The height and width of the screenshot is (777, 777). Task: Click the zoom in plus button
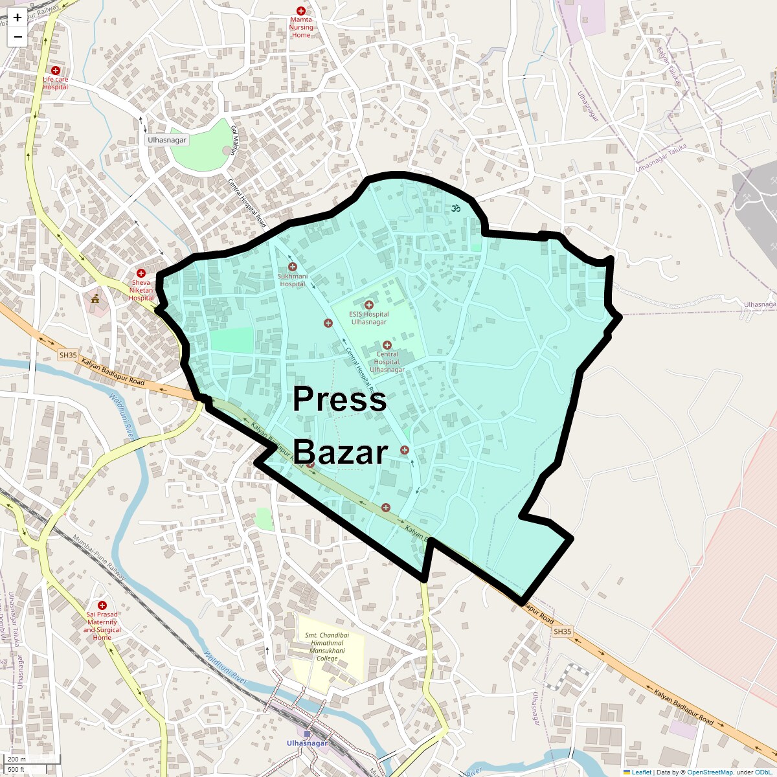tap(17, 18)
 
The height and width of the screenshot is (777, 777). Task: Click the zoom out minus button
tap(17, 37)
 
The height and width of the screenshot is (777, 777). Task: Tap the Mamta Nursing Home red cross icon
tap(300, 11)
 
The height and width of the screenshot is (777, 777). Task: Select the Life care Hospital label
tap(56, 83)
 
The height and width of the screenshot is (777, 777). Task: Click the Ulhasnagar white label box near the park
tap(167, 140)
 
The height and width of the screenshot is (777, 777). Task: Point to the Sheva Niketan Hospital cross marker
tap(141, 273)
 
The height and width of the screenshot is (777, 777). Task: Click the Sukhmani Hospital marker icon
tap(292, 267)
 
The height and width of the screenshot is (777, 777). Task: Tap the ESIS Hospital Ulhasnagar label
tap(368, 318)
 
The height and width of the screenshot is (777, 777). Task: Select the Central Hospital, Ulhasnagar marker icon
tap(387, 345)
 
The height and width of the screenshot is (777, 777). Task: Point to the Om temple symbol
tap(456, 208)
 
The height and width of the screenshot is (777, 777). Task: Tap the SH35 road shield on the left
tap(67, 355)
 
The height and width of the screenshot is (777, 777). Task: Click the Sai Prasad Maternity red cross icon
tap(102, 605)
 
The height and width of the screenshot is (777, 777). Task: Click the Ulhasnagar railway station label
tap(307, 743)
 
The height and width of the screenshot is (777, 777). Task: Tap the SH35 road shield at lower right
tap(562, 631)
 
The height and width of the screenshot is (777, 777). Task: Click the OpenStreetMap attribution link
tap(710, 772)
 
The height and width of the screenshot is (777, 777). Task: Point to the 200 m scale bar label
tap(17, 760)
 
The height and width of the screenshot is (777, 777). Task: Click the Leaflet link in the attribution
tap(641, 772)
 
